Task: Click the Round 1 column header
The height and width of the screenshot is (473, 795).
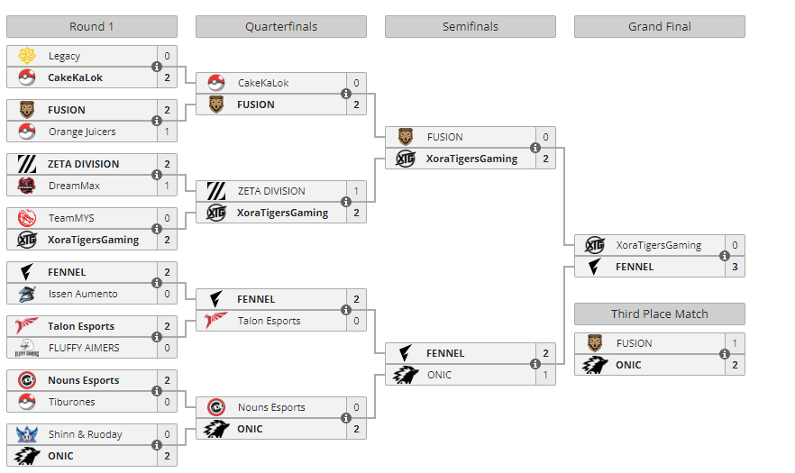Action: pyautogui.click(x=91, y=26)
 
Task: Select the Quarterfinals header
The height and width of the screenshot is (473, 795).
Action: pyautogui.click(x=280, y=26)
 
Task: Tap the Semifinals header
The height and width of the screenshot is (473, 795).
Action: pyautogui.click(x=470, y=26)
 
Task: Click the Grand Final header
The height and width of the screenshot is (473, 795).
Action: pyautogui.click(x=659, y=26)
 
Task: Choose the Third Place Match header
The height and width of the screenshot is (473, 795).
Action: pyautogui.click(x=659, y=314)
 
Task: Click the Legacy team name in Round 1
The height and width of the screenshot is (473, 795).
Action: pyautogui.click(x=64, y=56)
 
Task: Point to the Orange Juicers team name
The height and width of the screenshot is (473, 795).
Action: pyautogui.click(x=82, y=132)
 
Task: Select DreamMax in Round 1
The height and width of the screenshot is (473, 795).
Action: pyautogui.click(x=74, y=186)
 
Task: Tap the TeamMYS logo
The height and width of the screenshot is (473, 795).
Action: pyautogui.click(x=27, y=218)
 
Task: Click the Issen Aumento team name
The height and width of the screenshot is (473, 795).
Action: pyautogui.click(x=83, y=294)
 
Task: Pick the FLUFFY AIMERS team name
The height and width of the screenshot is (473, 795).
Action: pyautogui.click(x=84, y=348)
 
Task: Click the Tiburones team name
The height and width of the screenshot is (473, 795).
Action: pyautogui.click(x=71, y=402)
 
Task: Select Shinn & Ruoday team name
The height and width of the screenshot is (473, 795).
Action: pyautogui.click(x=86, y=434)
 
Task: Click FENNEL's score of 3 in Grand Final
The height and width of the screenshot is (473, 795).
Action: pyautogui.click(x=735, y=267)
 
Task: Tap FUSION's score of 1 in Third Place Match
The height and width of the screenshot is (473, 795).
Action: pyautogui.click(x=735, y=343)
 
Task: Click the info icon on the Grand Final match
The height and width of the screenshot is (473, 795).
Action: pyautogui.click(x=724, y=256)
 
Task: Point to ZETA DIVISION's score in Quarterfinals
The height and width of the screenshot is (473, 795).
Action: pyautogui.click(x=356, y=191)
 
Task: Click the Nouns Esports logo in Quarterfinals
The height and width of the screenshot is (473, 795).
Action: pyautogui.click(x=216, y=407)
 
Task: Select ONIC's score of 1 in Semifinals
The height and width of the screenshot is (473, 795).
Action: pyautogui.click(x=545, y=375)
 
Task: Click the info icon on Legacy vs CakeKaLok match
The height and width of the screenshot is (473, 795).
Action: pyautogui.click(x=156, y=67)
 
